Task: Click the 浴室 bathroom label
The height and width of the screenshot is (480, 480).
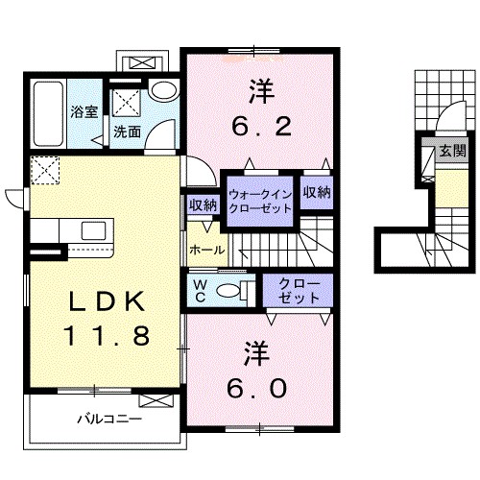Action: coord(84,112)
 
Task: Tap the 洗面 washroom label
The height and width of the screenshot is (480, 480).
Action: coord(128,132)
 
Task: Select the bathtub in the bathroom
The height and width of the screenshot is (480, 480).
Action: coord(48,114)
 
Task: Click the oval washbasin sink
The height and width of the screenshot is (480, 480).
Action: coord(164,90)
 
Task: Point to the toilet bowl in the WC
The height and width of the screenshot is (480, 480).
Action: coord(228,291)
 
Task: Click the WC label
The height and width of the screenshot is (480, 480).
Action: coord(201,291)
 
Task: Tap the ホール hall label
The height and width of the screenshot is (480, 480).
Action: coord(207,250)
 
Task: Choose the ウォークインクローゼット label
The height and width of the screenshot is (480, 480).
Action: coord(261,202)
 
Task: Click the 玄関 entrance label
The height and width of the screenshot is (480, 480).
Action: coord(453,151)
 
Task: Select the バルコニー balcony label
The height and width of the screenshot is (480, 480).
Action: coord(109,419)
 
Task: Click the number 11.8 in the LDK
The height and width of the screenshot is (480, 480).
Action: coord(107,336)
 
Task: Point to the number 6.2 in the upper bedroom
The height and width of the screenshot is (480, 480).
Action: coord(261,126)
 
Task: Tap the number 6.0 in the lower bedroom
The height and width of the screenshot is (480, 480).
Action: coord(256,388)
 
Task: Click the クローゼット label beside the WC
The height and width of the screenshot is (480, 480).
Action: coord(299,291)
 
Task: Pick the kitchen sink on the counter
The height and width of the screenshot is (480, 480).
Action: coord(93,230)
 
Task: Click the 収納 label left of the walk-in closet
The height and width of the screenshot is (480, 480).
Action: coord(203,205)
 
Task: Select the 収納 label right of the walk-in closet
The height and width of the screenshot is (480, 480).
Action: coord(317,192)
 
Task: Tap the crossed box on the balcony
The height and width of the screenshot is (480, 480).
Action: coord(156,400)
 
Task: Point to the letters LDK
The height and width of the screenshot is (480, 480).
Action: coord(107,301)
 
